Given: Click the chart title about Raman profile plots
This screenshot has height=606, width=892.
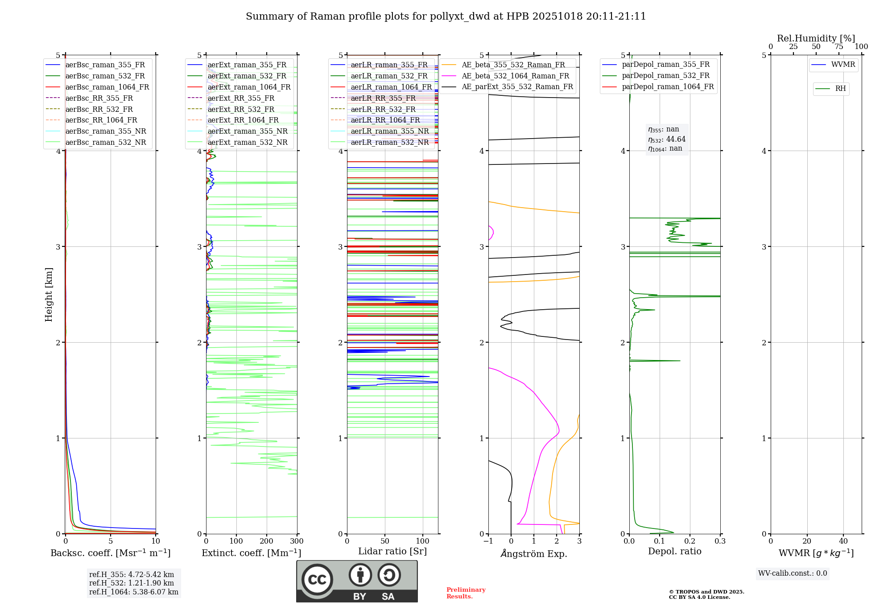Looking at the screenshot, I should point(446,16).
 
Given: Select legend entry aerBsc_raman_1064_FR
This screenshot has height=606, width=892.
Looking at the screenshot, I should point(107,87).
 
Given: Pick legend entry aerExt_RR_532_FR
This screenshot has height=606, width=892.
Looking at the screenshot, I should point(241,109).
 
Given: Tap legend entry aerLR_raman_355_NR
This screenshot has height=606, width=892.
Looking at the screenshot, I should point(389,131).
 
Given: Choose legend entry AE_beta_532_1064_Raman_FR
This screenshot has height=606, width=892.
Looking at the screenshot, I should point(515,76).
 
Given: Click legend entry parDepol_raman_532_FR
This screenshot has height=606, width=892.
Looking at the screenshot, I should point(665,76).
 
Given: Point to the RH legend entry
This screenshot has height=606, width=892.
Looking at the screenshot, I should point(840,89).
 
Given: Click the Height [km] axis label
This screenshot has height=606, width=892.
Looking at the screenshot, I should point(49,295).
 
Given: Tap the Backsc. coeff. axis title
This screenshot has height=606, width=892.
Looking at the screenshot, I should point(110,553).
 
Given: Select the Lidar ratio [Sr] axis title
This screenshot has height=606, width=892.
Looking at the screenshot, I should point(392,551).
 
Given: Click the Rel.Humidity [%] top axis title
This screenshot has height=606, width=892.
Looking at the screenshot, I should point(816,38).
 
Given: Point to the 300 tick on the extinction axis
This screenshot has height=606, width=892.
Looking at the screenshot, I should point(297,541).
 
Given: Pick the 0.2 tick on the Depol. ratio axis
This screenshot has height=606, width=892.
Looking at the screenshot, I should point(690,541).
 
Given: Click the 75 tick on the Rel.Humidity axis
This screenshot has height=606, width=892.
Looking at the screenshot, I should point(839,47).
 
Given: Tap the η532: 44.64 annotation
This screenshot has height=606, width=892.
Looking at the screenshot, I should point(667,139).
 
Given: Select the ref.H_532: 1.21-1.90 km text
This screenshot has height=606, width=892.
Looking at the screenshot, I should point(132,583).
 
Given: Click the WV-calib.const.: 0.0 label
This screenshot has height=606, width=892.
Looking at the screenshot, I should point(793,573).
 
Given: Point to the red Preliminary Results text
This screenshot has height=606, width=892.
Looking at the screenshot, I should point(466,593).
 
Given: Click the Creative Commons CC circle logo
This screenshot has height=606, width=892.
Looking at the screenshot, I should point(317,580).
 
